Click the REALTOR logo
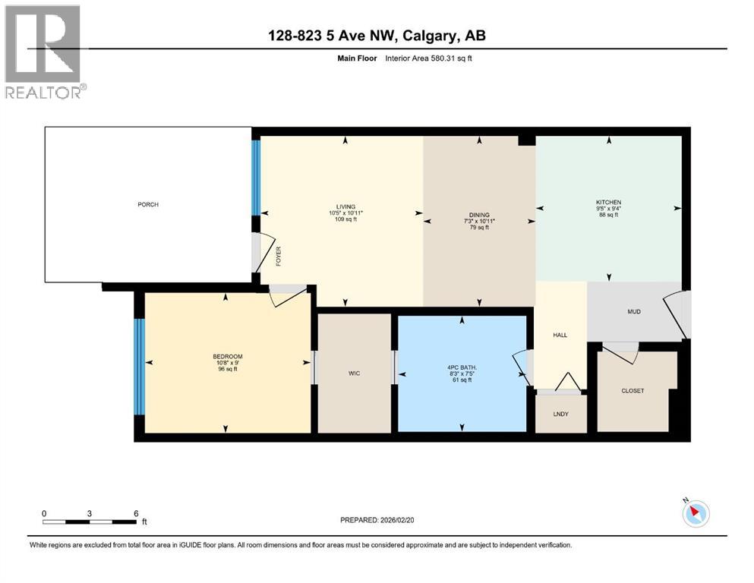[x=43, y=51]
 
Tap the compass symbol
[x=695, y=513]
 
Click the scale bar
[x=90, y=522]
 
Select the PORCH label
[x=148, y=205]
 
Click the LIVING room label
[x=346, y=206]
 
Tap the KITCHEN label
[x=608, y=203]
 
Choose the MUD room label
[x=636, y=311]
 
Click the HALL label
[x=560, y=335]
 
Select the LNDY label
[x=561, y=414]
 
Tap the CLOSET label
[x=633, y=391]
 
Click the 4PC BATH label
[x=462, y=367]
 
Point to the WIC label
[x=354, y=373]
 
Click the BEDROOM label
[x=228, y=356]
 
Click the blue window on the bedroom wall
[x=139, y=367]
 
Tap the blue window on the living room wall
[x=256, y=177]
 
